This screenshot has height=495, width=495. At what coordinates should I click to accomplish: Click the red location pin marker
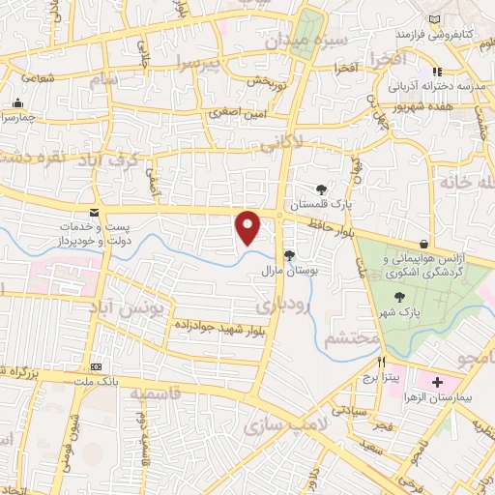point(249,227)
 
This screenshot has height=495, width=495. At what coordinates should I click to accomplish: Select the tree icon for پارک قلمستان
point(321,189)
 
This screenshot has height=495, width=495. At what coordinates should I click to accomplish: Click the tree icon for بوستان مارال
point(289,255)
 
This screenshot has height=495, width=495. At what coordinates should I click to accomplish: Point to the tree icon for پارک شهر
point(401,297)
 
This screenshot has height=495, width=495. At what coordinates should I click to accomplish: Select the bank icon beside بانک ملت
point(96,367)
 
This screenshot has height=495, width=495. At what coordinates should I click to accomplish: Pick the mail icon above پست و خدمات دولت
point(93,212)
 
